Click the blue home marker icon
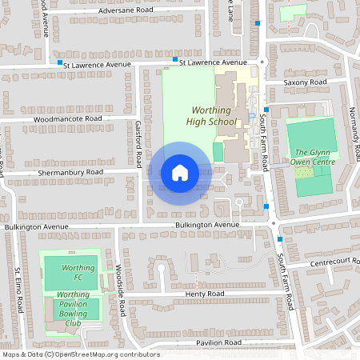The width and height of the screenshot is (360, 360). point(180,173)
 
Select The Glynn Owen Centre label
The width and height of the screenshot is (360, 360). point(312,157)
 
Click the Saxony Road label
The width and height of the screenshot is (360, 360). point(306,82)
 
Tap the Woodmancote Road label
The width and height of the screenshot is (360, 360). point(68,118)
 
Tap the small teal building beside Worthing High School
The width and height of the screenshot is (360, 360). point(218,151)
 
